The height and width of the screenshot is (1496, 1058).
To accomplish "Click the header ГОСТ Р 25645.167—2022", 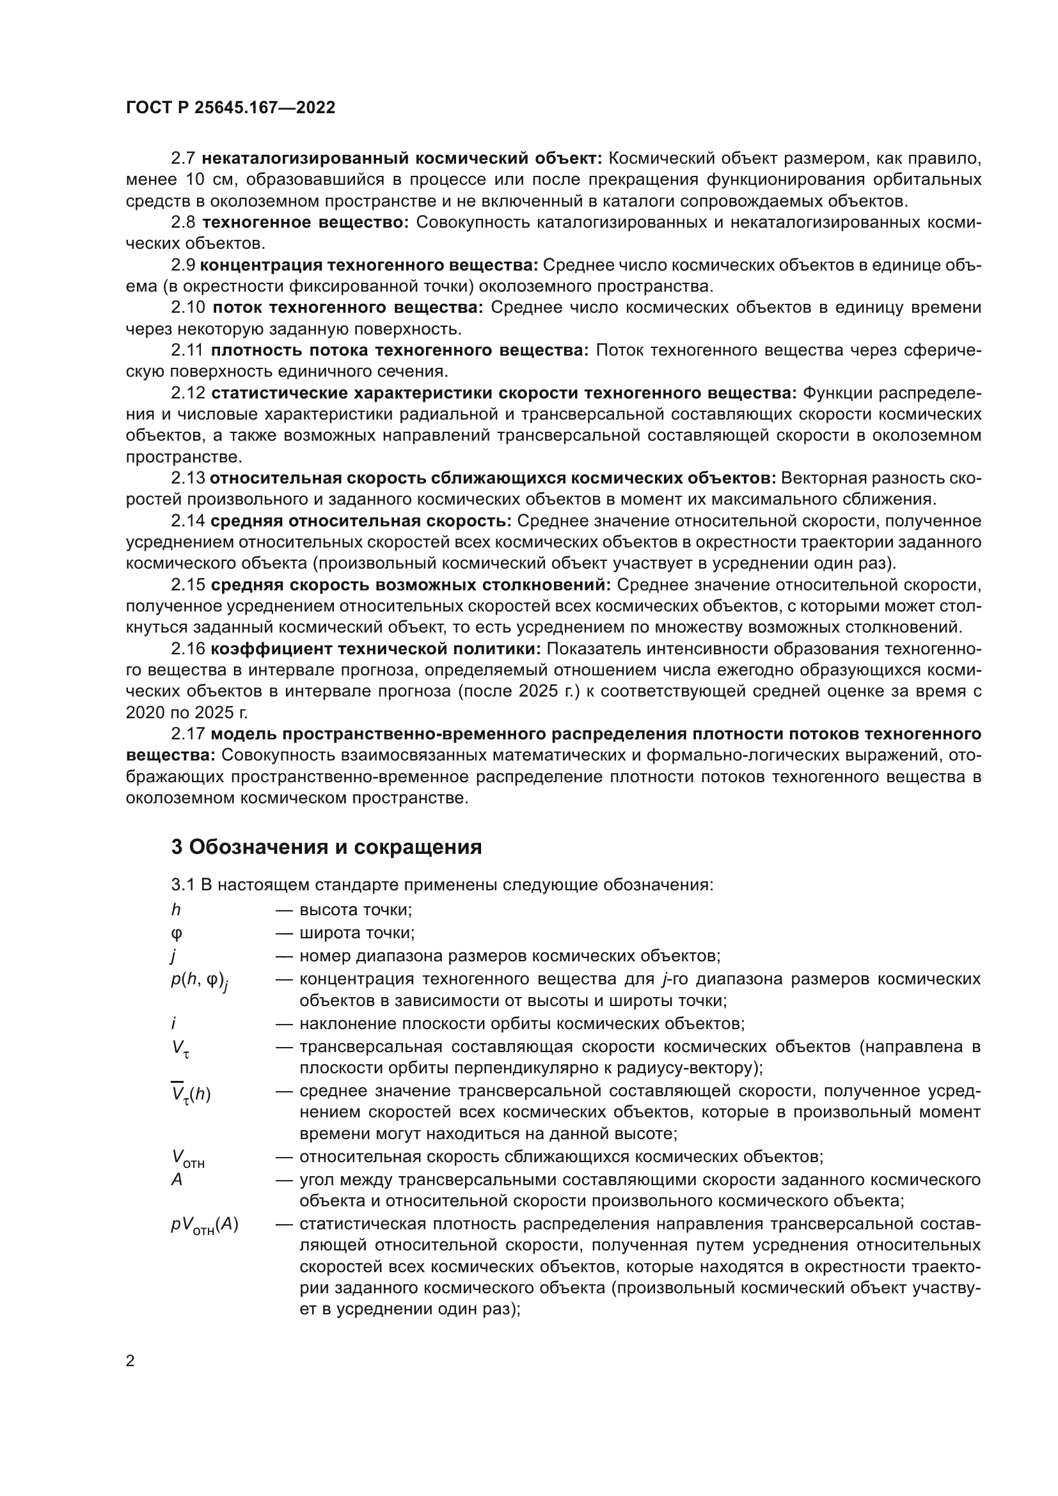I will pos(231,108).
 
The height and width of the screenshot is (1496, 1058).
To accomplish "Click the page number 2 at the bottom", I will pos(130,1360).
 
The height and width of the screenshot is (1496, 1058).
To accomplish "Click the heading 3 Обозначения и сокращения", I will pos(326,847).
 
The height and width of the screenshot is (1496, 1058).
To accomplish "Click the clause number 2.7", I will pos(183,159).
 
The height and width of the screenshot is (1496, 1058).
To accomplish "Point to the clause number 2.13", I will pos(187,478).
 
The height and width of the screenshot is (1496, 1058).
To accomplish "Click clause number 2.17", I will pos(187,734).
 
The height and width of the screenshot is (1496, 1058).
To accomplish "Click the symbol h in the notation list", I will pos(176,910).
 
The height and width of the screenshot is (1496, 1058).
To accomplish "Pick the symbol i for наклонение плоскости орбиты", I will pos(174,1023).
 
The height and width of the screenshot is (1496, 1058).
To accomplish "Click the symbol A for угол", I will pos(177,1180).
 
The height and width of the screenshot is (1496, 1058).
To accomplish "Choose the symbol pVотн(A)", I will pos(205,1225).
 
